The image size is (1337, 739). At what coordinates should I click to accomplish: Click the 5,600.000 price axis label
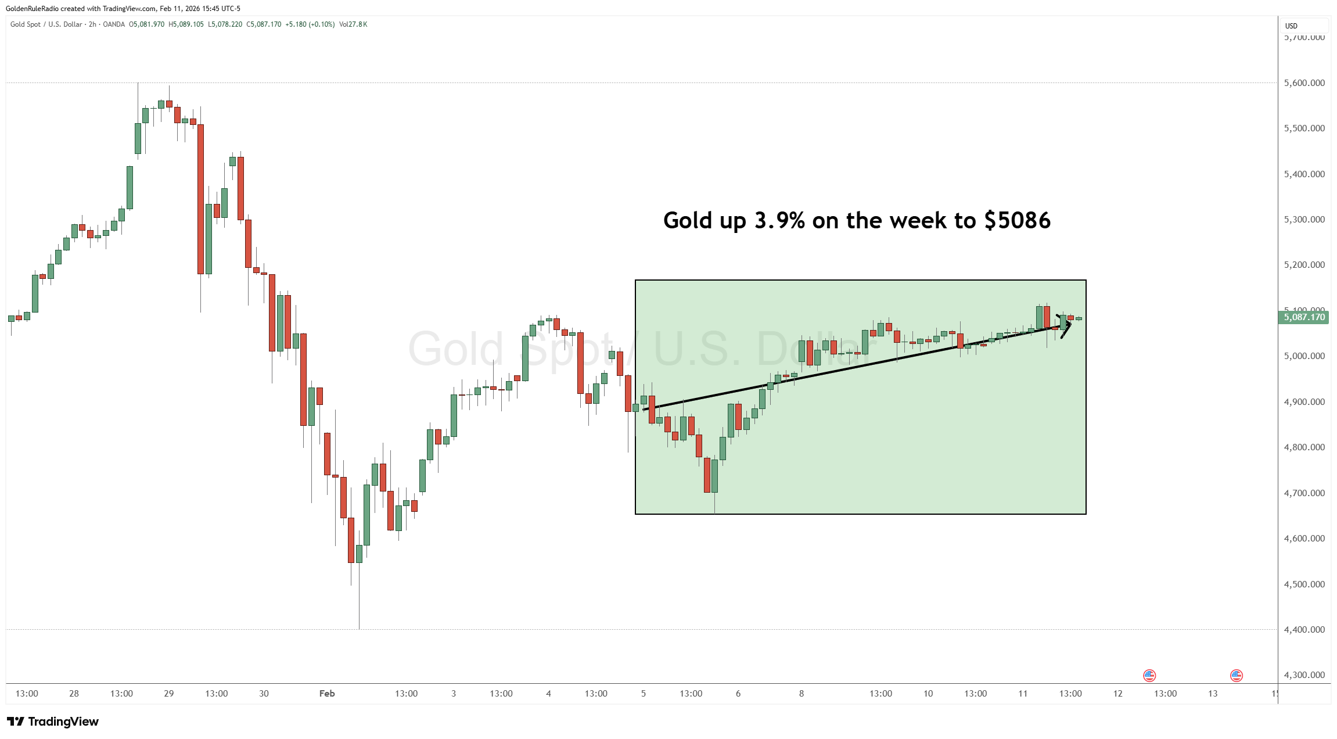1304,83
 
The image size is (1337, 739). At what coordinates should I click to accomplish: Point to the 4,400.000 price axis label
1304,630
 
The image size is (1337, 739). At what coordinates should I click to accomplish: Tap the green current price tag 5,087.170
1304,317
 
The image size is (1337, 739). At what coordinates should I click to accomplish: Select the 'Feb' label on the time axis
327,694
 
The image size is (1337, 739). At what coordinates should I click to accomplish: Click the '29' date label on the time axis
169,694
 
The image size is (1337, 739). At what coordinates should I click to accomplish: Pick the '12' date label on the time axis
1118,694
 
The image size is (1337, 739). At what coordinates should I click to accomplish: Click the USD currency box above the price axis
1291,26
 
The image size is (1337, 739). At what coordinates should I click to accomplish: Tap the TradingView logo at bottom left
53,722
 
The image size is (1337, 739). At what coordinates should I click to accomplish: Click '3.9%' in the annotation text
779,221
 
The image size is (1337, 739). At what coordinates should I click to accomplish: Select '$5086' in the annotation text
1018,221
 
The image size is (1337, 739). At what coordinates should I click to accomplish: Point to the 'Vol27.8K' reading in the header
353,24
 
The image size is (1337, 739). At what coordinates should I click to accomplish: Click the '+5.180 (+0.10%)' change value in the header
310,24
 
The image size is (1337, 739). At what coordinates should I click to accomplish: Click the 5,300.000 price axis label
1304,220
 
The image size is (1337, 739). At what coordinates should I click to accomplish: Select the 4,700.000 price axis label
1304,493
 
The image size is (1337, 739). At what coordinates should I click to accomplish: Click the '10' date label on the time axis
928,694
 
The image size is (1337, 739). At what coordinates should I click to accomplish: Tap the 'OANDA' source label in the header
114,24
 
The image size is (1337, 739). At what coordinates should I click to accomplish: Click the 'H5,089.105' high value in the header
186,24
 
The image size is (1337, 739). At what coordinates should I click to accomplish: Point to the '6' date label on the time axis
738,694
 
